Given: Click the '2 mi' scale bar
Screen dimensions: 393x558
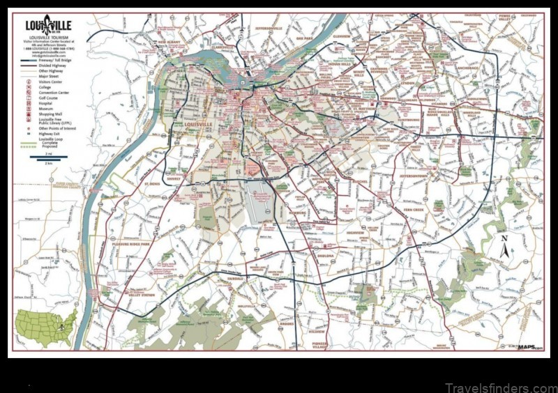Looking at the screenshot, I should (x=48, y=158).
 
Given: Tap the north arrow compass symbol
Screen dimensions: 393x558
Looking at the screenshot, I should (x=505, y=248).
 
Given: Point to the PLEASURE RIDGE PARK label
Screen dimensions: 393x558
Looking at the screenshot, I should (x=130, y=245).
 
